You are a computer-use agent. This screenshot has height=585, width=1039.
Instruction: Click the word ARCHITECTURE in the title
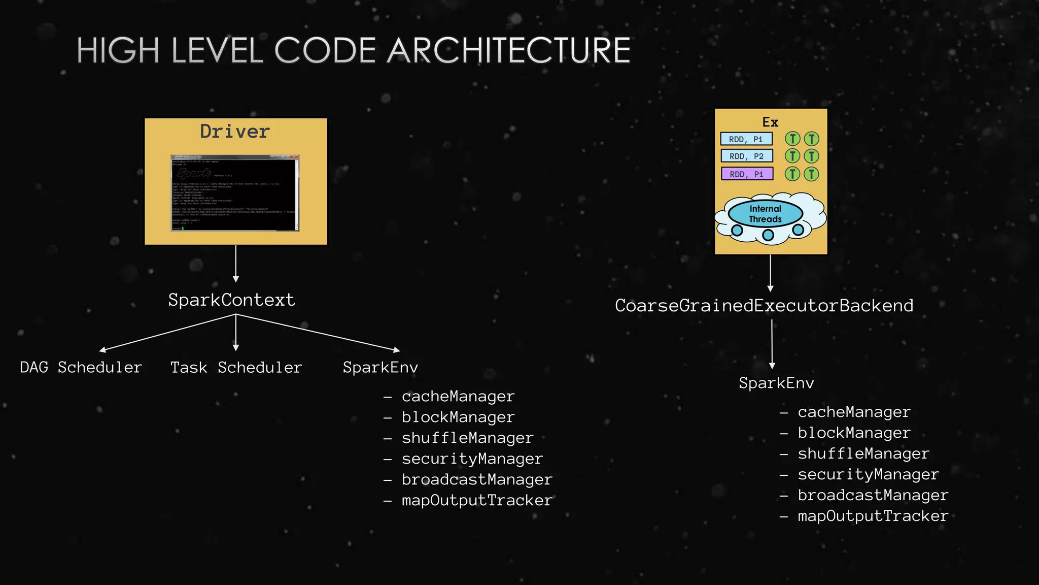[x=508, y=51]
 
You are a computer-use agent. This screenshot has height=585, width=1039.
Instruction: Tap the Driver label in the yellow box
[x=235, y=132]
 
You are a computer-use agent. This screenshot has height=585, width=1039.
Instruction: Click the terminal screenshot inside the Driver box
[x=235, y=193]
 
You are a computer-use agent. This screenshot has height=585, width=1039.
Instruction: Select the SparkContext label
[x=231, y=300]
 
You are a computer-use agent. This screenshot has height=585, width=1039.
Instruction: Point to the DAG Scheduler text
[x=81, y=367]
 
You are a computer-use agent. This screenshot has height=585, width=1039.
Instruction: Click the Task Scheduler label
[x=236, y=367]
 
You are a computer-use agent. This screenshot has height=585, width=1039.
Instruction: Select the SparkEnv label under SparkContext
[x=380, y=367]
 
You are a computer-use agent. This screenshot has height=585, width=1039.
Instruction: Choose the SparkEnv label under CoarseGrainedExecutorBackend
[x=776, y=383]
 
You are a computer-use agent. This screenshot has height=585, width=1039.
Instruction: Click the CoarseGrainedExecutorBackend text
[x=764, y=306]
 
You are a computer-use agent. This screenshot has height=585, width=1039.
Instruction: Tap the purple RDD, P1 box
[x=747, y=174]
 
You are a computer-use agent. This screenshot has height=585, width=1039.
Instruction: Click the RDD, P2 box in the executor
[x=747, y=156]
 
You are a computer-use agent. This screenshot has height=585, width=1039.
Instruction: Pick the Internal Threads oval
[x=765, y=214]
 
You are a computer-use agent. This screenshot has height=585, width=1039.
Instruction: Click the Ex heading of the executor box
[x=770, y=122]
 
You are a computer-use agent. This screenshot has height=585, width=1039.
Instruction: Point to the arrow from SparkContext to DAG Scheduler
[x=167, y=333]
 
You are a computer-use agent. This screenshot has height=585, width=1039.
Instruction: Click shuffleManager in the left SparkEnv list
[x=467, y=438]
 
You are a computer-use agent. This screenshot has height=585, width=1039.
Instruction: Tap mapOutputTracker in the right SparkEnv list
[x=873, y=516]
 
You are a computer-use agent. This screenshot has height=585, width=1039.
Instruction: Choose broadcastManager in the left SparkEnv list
[x=476, y=479]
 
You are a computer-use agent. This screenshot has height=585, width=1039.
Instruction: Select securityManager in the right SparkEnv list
[x=868, y=474]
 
